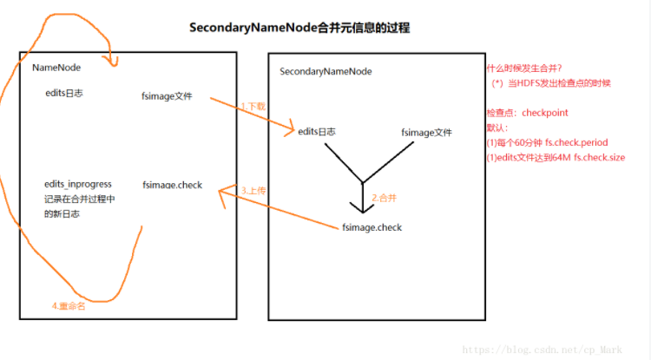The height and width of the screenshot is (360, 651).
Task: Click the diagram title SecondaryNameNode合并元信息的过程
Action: point(299,28)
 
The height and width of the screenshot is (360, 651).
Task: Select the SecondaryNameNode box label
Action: point(319,71)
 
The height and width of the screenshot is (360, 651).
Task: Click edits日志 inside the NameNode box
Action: point(63,92)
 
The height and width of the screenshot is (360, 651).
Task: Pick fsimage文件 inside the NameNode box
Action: point(167,95)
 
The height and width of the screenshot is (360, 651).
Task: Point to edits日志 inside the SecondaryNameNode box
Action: point(316,132)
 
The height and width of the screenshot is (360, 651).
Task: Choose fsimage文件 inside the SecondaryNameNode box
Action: point(426,133)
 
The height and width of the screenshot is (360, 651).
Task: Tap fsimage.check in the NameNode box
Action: point(172,185)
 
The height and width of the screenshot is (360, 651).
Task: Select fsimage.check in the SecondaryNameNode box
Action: point(372,227)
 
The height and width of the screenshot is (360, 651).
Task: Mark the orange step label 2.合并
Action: point(385,198)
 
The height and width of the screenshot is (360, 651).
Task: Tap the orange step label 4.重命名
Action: point(69,305)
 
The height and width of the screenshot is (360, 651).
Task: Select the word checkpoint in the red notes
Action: point(544,113)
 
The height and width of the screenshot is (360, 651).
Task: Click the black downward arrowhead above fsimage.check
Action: point(361,206)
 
